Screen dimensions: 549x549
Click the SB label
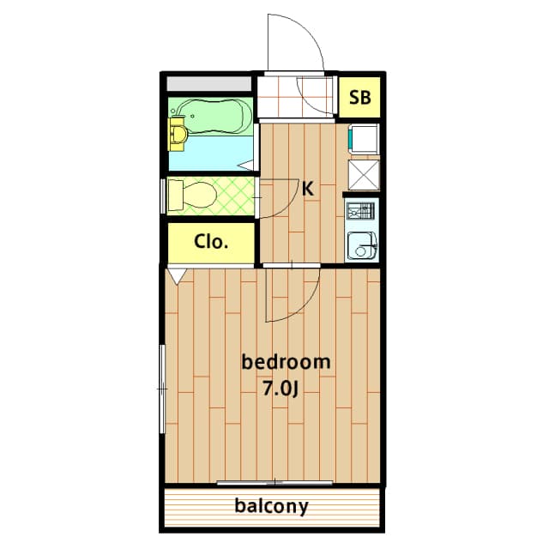[360, 97]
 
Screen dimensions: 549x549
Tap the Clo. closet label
[211, 241]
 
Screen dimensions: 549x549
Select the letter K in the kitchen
[308, 189]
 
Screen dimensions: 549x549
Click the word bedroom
[286, 362]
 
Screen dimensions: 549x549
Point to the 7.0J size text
[281, 389]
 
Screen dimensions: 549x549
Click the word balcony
[272, 506]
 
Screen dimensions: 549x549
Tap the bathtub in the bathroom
[214, 117]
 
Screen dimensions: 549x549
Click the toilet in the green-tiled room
[192, 195]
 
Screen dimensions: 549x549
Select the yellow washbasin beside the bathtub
[178, 135]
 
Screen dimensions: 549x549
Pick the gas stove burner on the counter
[360, 212]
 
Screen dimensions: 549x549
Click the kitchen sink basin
[362, 246]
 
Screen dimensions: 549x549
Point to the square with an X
[364, 175]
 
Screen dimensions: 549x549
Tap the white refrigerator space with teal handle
[364, 139]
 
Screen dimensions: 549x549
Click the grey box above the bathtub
[209, 84]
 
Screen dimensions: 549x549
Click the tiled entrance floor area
[295, 97]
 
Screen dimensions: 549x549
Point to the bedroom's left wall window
[162, 389]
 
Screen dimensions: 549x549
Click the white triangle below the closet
[178, 274]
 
